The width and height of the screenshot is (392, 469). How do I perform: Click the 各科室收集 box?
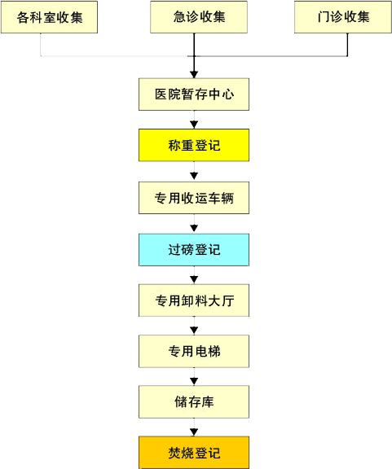tap(49, 17)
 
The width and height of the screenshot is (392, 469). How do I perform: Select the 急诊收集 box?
tap(199, 17)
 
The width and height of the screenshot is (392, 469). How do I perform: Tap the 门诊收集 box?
tap(343, 17)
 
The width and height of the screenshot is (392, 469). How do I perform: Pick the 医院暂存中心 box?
tap(194, 94)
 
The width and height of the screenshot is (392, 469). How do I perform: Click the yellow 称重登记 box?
tap(194, 145)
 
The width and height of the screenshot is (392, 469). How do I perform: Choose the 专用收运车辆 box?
tap(194, 198)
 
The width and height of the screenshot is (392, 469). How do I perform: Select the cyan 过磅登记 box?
tap(194, 250)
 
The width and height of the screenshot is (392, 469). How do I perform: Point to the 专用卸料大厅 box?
tap(194, 300)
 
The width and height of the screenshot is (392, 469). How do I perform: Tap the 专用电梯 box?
tap(194, 351)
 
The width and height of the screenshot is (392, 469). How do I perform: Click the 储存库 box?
tap(194, 401)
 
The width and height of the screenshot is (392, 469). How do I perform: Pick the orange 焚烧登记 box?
tap(194, 453)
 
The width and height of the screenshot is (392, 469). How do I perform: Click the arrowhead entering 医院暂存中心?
tap(194, 75)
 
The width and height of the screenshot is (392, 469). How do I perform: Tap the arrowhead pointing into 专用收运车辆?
tap(194, 176)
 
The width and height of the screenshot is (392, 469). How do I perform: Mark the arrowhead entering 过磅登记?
tap(194, 228)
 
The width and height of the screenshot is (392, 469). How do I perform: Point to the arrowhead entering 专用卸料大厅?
tap(194, 279)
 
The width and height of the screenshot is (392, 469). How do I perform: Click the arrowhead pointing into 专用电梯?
tap(194, 331)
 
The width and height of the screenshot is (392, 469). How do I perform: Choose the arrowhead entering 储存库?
tap(194, 381)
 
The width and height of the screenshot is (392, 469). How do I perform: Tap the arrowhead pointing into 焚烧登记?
tap(194, 432)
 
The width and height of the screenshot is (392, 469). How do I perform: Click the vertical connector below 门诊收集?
tap(347, 45)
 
